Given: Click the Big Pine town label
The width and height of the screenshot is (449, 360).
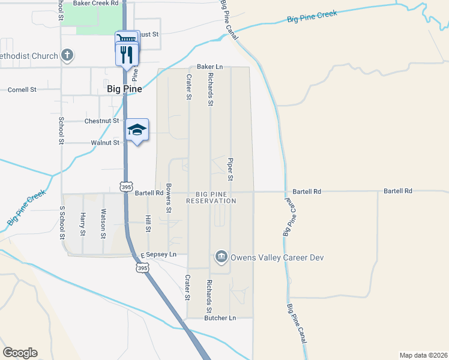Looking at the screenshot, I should [124, 89].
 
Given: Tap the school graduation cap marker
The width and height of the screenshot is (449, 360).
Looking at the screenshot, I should [137, 130].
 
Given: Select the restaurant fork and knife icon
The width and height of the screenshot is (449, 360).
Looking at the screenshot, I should [127, 55].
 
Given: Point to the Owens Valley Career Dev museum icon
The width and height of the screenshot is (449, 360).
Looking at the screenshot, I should [221, 257].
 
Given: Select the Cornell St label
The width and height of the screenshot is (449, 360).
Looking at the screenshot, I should [22, 89].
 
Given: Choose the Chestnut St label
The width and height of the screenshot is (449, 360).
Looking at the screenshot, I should [102, 121].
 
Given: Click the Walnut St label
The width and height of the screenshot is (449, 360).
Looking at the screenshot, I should [106, 143].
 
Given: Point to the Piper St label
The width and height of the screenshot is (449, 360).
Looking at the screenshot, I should [230, 169].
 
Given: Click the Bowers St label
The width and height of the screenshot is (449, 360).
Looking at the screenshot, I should [169, 198].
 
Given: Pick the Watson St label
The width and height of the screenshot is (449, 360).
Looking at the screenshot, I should [103, 223].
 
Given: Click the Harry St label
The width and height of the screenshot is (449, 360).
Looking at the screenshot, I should [83, 224].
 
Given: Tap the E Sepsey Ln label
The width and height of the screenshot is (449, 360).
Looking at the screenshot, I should [158, 255].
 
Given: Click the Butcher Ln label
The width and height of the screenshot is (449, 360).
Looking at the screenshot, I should [220, 317].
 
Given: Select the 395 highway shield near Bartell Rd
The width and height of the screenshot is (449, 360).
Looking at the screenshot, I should [125, 187].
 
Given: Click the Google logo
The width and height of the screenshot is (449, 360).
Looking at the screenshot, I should [20, 353].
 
